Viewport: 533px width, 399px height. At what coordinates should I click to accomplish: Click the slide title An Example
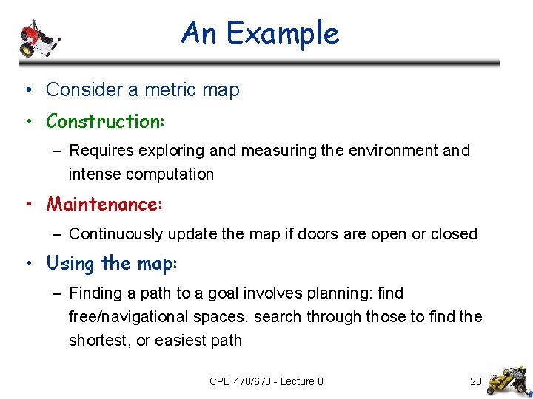[260, 33]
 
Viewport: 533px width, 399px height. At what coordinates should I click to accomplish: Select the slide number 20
[476, 381]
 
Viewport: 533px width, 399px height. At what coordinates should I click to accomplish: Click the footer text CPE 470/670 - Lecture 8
[266, 381]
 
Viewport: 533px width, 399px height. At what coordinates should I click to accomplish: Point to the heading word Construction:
[104, 120]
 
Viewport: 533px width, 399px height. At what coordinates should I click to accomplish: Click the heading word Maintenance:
[104, 203]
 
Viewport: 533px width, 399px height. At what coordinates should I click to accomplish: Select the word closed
[454, 234]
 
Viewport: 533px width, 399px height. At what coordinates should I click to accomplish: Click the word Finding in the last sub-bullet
[94, 293]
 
